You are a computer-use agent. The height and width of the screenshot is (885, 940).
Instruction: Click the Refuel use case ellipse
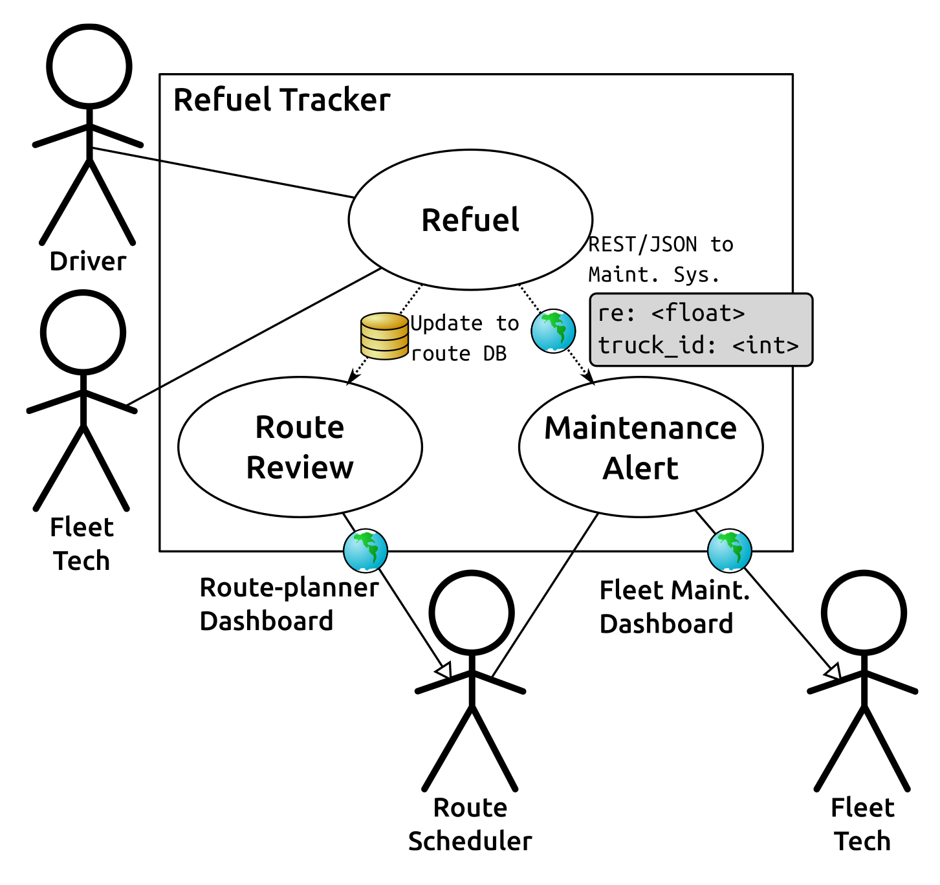tap(470, 220)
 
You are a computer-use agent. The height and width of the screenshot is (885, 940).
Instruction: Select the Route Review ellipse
tap(300, 447)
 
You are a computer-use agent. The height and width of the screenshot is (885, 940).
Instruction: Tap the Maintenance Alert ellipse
tap(640, 447)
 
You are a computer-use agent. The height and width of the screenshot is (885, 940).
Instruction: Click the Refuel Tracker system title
tap(282, 100)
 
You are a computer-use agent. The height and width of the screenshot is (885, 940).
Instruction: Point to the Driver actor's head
tap(89, 66)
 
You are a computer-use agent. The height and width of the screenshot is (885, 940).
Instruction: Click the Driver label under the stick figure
tap(88, 261)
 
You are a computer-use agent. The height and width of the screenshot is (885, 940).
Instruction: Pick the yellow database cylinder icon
tap(384, 336)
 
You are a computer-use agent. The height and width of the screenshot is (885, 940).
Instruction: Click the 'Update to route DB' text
tap(465, 338)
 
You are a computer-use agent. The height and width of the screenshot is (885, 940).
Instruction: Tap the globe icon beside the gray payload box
tap(553, 331)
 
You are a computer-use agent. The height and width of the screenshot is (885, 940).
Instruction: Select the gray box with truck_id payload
tap(701, 330)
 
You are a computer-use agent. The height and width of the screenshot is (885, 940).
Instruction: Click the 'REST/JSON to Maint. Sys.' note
tap(660, 259)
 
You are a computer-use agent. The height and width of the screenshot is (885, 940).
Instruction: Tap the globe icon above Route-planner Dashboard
tap(366, 551)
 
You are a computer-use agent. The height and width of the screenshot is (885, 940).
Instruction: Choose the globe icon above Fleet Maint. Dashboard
tap(730, 551)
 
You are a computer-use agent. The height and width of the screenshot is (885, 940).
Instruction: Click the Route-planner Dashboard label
tap(289, 604)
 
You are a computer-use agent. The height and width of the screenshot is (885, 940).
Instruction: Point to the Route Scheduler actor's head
tap(472, 613)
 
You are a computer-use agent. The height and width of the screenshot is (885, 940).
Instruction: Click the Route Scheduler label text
tap(470, 824)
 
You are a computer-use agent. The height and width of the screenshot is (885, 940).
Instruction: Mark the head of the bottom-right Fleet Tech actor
tap(864, 613)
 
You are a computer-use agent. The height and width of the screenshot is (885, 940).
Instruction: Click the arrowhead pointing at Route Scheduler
tap(444, 671)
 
